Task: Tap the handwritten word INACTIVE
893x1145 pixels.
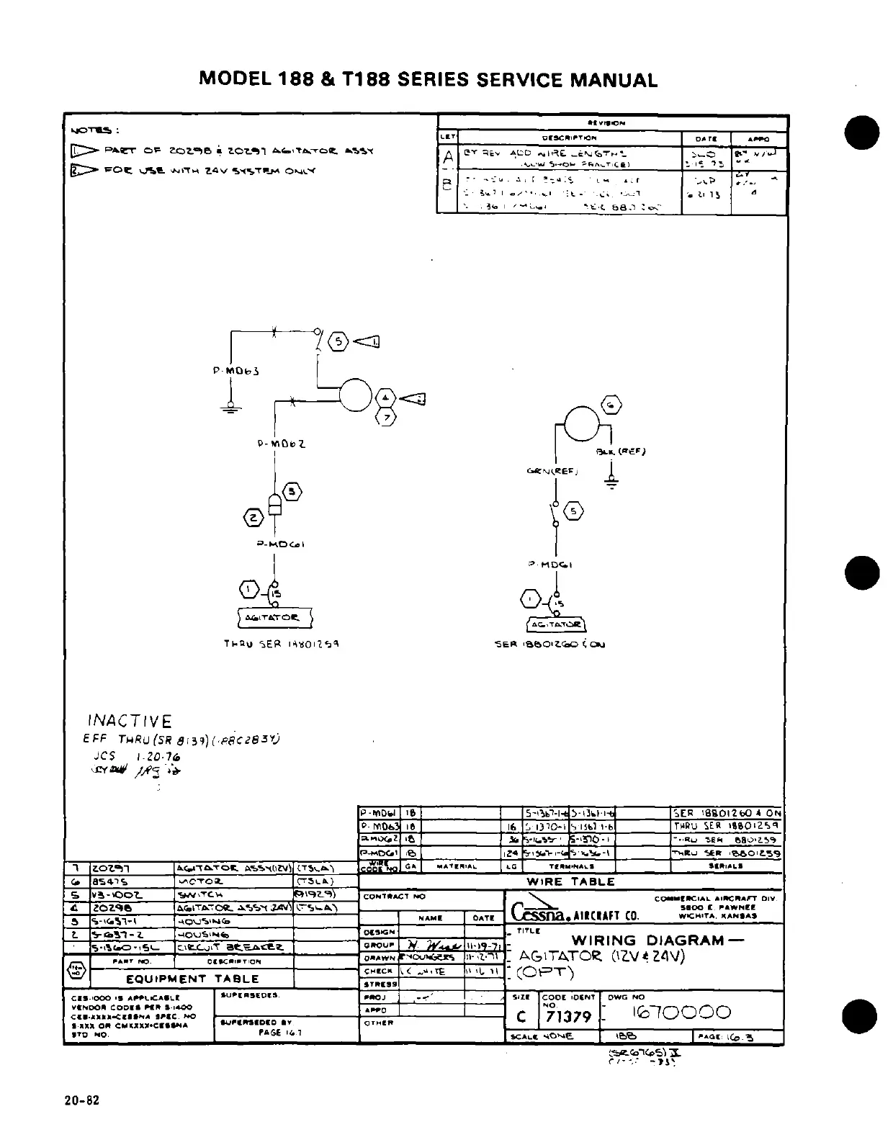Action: pos(130,722)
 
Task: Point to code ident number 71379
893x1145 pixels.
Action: pos(569,1016)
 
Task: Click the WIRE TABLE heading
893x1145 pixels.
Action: pos(570,881)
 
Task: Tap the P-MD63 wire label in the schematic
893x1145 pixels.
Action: pos(235,371)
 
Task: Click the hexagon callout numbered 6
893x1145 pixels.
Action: pos(611,406)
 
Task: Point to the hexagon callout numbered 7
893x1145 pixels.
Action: pos(387,418)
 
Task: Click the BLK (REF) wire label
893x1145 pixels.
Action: pos(621,452)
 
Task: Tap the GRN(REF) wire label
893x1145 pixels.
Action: pos(554,472)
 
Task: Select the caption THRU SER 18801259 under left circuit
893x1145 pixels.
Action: pos(281,644)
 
